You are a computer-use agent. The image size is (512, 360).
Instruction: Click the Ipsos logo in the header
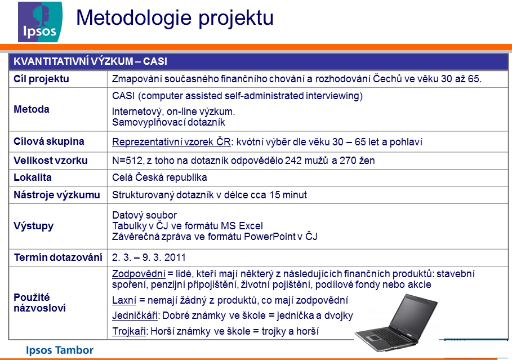(x=40, y=22)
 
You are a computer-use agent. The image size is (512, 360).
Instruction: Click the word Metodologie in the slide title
(x=133, y=17)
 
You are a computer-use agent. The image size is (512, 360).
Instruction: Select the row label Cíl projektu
(x=41, y=79)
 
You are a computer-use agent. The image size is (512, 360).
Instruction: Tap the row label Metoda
(x=32, y=109)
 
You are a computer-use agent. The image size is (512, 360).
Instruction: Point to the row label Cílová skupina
(x=48, y=141)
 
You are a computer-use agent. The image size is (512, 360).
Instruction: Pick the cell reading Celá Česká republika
(x=159, y=177)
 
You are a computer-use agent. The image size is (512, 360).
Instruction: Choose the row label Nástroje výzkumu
(x=57, y=195)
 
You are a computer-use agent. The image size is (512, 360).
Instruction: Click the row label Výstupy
(x=33, y=226)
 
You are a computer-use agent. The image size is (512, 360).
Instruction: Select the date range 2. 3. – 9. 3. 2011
(x=149, y=257)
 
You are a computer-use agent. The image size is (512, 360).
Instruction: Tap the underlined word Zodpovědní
(x=139, y=274)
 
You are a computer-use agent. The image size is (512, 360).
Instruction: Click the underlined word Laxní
(x=124, y=300)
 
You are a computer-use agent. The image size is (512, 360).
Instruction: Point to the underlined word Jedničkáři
(x=135, y=315)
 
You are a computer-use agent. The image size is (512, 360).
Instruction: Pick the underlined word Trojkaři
(x=128, y=331)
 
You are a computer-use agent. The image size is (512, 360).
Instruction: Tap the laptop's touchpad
(x=370, y=337)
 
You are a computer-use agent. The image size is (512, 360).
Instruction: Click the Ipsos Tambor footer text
(x=60, y=350)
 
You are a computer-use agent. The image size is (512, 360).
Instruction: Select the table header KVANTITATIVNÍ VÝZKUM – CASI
(x=90, y=61)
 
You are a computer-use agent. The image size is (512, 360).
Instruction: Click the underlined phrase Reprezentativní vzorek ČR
(x=171, y=142)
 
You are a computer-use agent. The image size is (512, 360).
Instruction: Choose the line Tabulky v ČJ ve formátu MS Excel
(x=187, y=226)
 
